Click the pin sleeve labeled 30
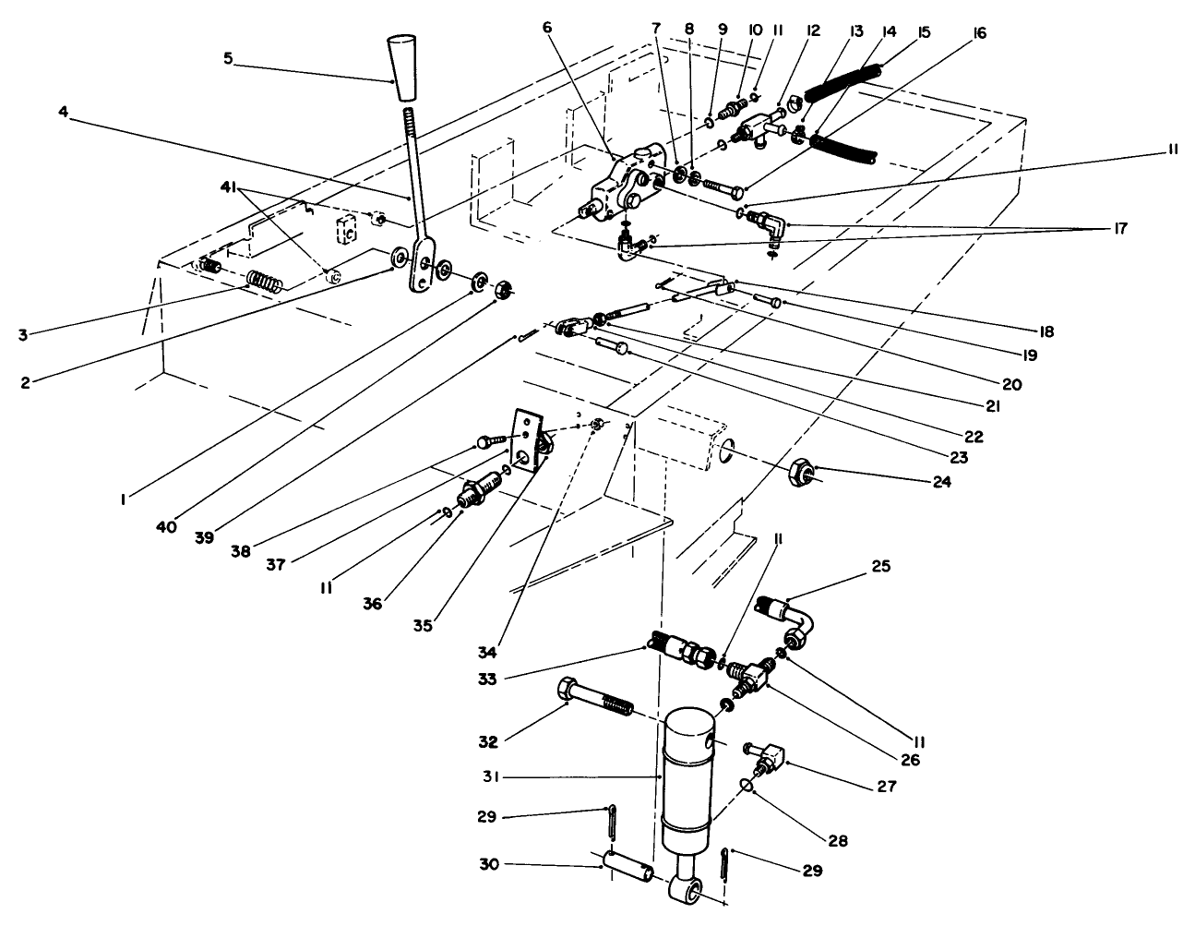pyautogui.click(x=627, y=868)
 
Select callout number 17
pyautogui.click(x=1118, y=228)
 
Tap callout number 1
pyautogui.click(x=122, y=499)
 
